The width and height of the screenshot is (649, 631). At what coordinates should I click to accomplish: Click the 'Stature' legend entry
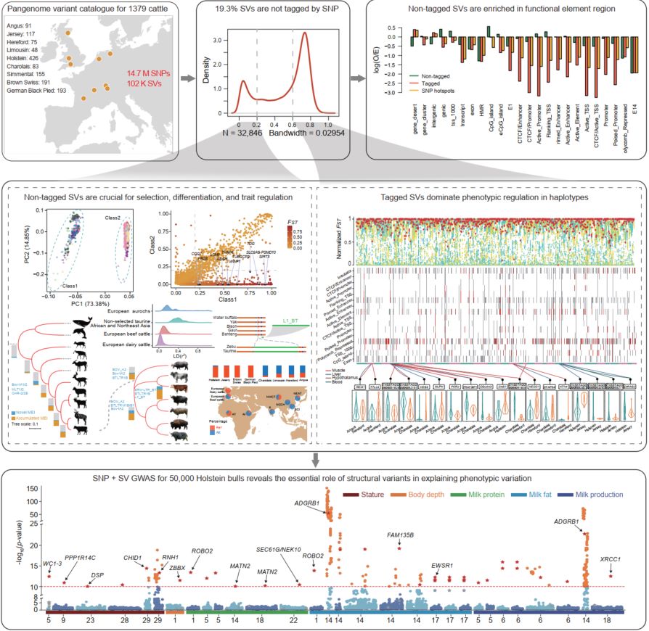pos(363,495)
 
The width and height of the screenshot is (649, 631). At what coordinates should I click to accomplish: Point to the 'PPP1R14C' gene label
pos(80,557)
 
